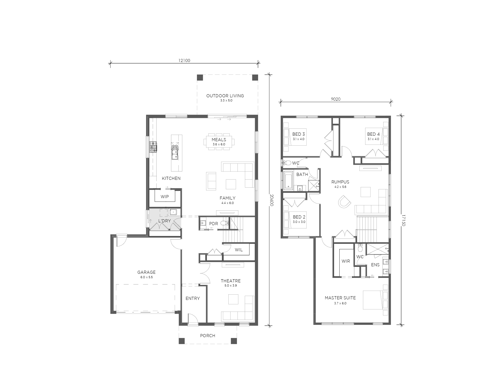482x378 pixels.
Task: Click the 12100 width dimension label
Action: coord(184,60)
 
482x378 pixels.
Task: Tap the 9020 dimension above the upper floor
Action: coord(335,99)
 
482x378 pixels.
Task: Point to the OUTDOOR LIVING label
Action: coord(225,96)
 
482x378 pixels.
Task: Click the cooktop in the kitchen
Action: coord(153,147)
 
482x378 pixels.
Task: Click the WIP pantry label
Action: coord(165,197)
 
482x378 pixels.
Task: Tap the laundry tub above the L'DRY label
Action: coord(173,212)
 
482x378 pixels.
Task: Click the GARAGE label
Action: coord(146,272)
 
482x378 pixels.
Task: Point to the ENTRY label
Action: coord(192,299)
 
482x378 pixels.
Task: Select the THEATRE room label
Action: coord(231,281)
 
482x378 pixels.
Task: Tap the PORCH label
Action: coord(207,336)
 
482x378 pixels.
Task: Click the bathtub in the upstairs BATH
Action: coord(288,181)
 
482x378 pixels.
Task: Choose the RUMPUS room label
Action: coord(340,182)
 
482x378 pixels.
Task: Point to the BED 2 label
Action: coord(299,217)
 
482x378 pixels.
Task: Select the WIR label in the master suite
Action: coord(346,261)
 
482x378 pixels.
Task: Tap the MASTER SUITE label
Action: coord(340,298)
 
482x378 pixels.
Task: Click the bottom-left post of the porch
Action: coord(181,341)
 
